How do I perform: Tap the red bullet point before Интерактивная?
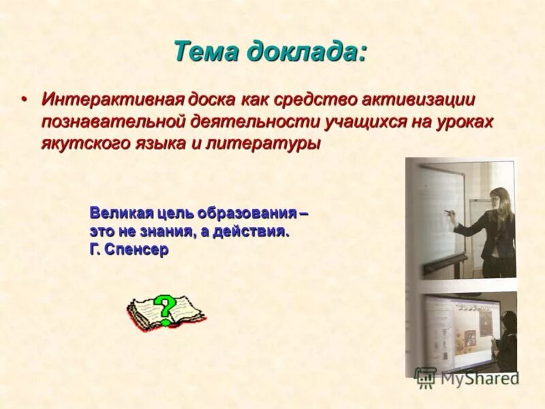tap(24, 100)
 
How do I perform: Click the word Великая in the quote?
tap(120, 213)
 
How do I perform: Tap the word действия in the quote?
tap(251, 231)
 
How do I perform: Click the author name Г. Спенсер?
tap(129, 249)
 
